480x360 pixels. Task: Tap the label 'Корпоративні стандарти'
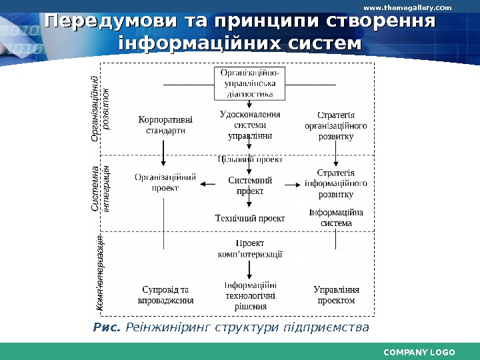[x=165, y=125]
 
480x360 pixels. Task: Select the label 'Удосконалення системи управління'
[x=250, y=125]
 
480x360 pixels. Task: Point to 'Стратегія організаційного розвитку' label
[x=336, y=125]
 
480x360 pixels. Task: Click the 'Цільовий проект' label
[x=250, y=160]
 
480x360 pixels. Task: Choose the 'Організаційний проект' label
[x=165, y=183]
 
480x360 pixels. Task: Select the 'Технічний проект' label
[x=250, y=218]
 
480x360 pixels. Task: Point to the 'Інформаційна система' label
[x=336, y=218]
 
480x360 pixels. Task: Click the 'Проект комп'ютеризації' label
[x=250, y=248]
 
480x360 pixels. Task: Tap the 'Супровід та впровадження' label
[x=165, y=295]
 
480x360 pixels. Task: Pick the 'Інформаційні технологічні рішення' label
[x=250, y=295]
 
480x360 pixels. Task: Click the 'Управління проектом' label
[x=336, y=295]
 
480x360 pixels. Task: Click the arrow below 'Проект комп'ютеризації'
[x=250, y=269]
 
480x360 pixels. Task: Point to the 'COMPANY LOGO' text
[x=419, y=352]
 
